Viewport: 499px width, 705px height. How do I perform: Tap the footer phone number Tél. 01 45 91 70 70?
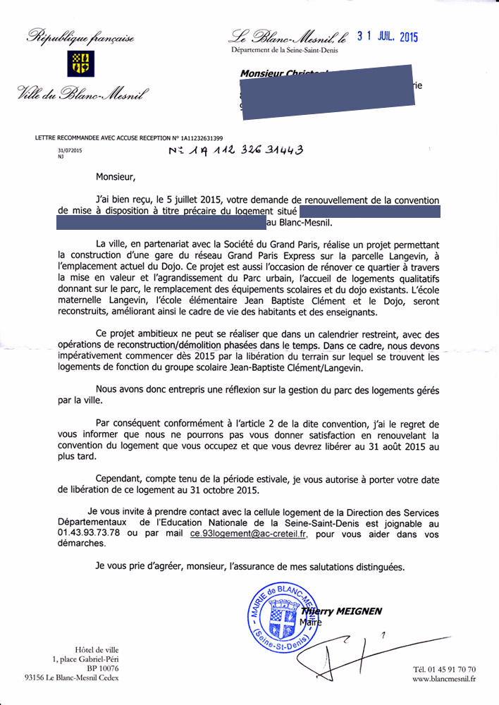tap(444, 668)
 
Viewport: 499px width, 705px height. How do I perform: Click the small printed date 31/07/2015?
tap(70, 150)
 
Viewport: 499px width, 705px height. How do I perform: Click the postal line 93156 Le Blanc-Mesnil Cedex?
tap(71, 678)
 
